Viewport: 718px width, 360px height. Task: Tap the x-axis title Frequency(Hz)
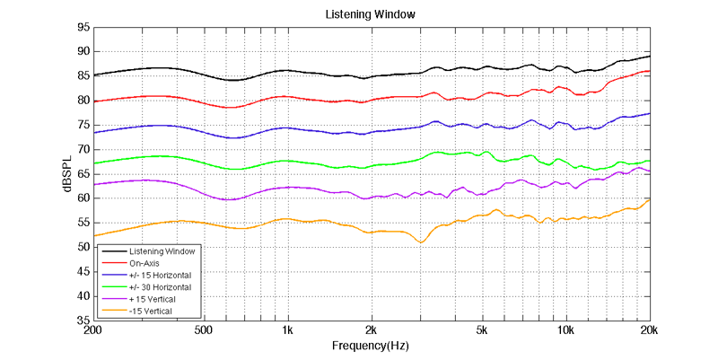pos(372,346)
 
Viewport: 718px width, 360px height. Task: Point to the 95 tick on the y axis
pos(82,27)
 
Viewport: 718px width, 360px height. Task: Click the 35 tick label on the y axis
pos(82,320)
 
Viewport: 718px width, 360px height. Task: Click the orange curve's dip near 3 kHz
pos(421,242)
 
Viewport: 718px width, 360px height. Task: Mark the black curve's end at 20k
pos(649,57)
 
